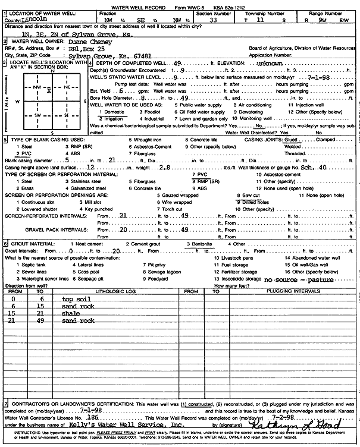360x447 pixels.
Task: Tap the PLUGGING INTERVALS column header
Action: point(289,291)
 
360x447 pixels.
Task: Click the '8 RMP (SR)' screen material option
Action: point(202,180)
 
